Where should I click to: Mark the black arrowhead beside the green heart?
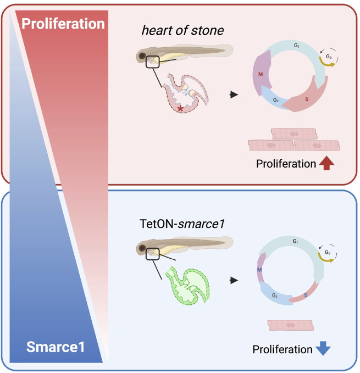point(235,280)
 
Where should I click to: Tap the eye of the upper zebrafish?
point(143,56)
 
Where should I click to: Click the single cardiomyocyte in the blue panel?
point(291,325)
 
